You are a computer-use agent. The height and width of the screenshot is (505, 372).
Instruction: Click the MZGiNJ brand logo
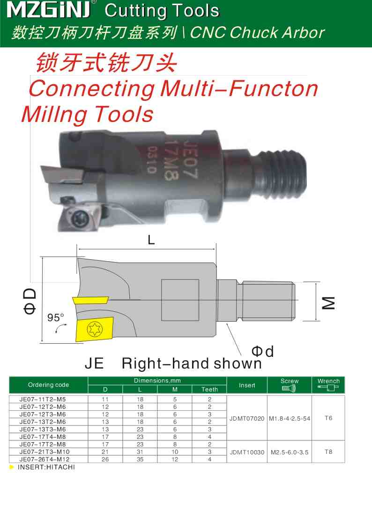(x=50, y=10)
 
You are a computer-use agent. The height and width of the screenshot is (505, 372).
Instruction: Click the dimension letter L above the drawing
(x=151, y=240)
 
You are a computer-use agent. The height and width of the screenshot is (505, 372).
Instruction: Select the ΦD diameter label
(x=30, y=301)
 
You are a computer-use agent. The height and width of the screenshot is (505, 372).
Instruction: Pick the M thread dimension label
(x=329, y=302)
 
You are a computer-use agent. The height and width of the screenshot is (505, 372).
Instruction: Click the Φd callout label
(x=262, y=351)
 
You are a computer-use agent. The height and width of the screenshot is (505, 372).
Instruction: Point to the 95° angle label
(x=56, y=317)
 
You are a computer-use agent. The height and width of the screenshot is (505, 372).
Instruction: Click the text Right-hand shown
(x=192, y=363)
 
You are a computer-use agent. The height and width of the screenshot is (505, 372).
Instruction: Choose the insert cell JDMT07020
(x=247, y=418)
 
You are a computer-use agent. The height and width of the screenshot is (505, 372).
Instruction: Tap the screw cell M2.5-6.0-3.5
(x=289, y=452)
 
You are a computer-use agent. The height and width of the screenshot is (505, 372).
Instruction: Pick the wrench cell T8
(x=328, y=452)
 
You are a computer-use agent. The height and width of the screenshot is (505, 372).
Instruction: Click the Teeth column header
(x=209, y=389)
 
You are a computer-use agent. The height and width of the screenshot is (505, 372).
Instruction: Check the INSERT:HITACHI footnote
(x=46, y=467)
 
